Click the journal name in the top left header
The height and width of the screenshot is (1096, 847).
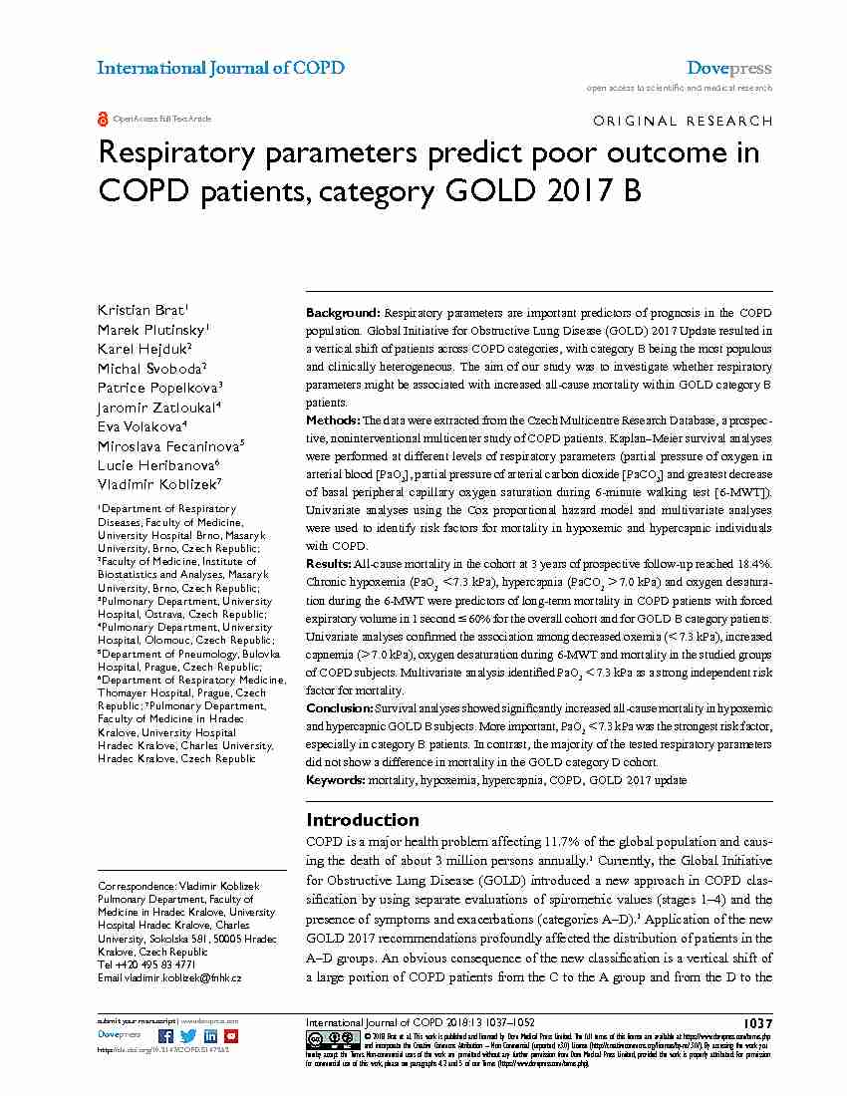tap(220, 68)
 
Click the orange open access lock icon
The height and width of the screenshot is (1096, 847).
tap(103, 119)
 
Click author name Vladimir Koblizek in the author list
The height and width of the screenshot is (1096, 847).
tap(157, 483)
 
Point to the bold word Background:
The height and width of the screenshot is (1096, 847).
tap(342, 313)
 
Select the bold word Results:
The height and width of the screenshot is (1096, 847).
tap(329, 564)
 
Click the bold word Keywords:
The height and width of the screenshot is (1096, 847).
tap(336, 780)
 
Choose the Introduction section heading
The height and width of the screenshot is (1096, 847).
tap(363, 820)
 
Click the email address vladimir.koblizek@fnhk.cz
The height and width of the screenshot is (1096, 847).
tap(183, 978)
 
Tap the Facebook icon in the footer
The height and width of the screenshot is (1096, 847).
tap(167, 1035)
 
